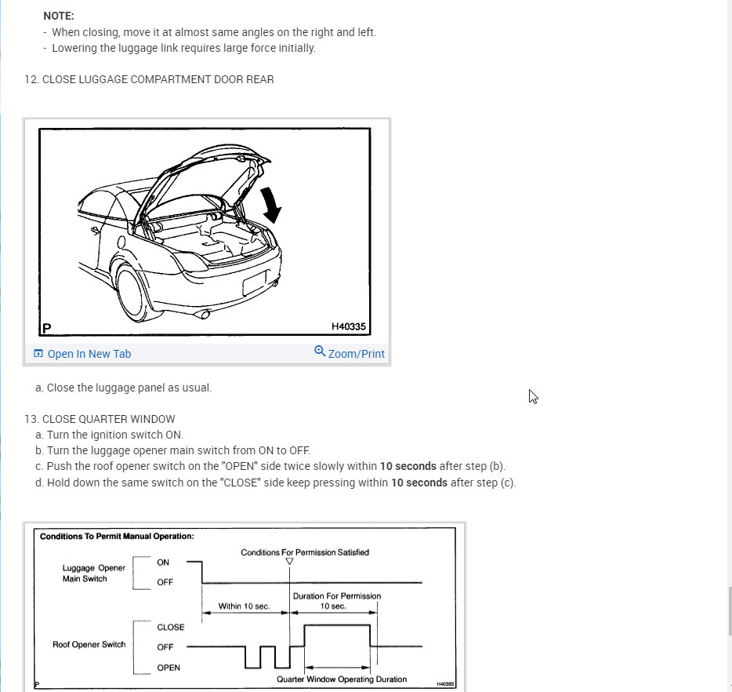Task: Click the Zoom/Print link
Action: pyautogui.click(x=350, y=354)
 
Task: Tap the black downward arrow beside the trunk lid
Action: pyautogui.click(x=271, y=203)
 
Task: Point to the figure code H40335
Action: pyautogui.click(x=349, y=327)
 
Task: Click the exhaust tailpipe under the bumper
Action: pyautogui.click(x=205, y=315)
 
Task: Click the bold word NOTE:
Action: pyautogui.click(x=59, y=16)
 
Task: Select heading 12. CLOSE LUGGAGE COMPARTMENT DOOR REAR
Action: pyautogui.click(x=149, y=79)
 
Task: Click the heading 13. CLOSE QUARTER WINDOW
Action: pyautogui.click(x=100, y=419)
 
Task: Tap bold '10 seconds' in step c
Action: pyautogui.click(x=408, y=466)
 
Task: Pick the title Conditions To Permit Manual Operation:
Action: pyautogui.click(x=117, y=537)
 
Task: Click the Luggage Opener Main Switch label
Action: pyautogui.click(x=94, y=573)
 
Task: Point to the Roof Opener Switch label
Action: pyautogui.click(x=89, y=645)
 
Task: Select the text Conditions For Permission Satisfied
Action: pyautogui.click(x=305, y=552)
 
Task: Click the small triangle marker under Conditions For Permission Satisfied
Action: pyautogui.click(x=290, y=562)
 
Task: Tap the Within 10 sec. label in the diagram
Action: pyautogui.click(x=244, y=606)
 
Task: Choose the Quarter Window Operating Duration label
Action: pyautogui.click(x=342, y=679)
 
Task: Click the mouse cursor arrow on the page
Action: pyautogui.click(x=532, y=395)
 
